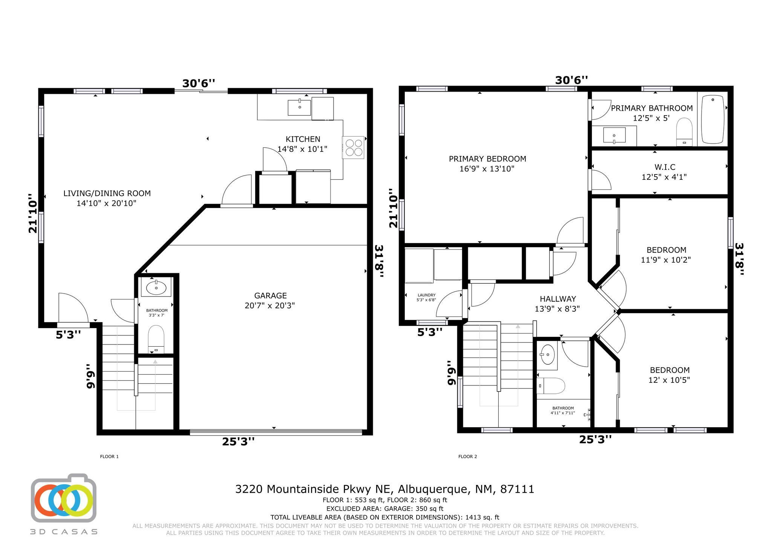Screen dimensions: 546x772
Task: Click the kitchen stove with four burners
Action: pyautogui.click(x=353, y=147)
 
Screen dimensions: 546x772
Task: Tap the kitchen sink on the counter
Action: pyautogui.click(x=299, y=107)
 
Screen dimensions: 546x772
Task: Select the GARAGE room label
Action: pyautogui.click(x=270, y=300)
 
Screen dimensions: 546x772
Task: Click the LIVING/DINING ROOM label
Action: pyautogui.click(x=107, y=198)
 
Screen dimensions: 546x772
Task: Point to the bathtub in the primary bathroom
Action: pyautogui.click(x=712, y=119)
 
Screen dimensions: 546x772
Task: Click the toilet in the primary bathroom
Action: pyautogui.click(x=684, y=132)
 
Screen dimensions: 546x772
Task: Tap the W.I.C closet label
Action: pyautogui.click(x=664, y=172)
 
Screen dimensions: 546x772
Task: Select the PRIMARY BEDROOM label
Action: pyautogui.click(x=487, y=164)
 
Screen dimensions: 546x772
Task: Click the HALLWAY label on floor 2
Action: pyautogui.click(x=558, y=304)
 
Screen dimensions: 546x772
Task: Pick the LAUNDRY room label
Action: pyautogui.click(x=426, y=297)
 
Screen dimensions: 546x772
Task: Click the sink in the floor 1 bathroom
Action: pyautogui.click(x=156, y=288)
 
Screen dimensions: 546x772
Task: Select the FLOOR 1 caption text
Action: pyautogui.click(x=109, y=456)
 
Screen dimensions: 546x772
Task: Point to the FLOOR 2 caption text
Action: pyautogui.click(x=467, y=456)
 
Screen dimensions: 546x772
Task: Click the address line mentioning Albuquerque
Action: pyautogui.click(x=384, y=489)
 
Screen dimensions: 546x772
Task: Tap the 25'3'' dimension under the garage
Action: pyautogui.click(x=238, y=441)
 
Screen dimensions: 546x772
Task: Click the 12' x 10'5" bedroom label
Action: pyautogui.click(x=669, y=375)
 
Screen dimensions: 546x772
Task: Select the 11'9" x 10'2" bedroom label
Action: pyautogui.click(x=666, y=255)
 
